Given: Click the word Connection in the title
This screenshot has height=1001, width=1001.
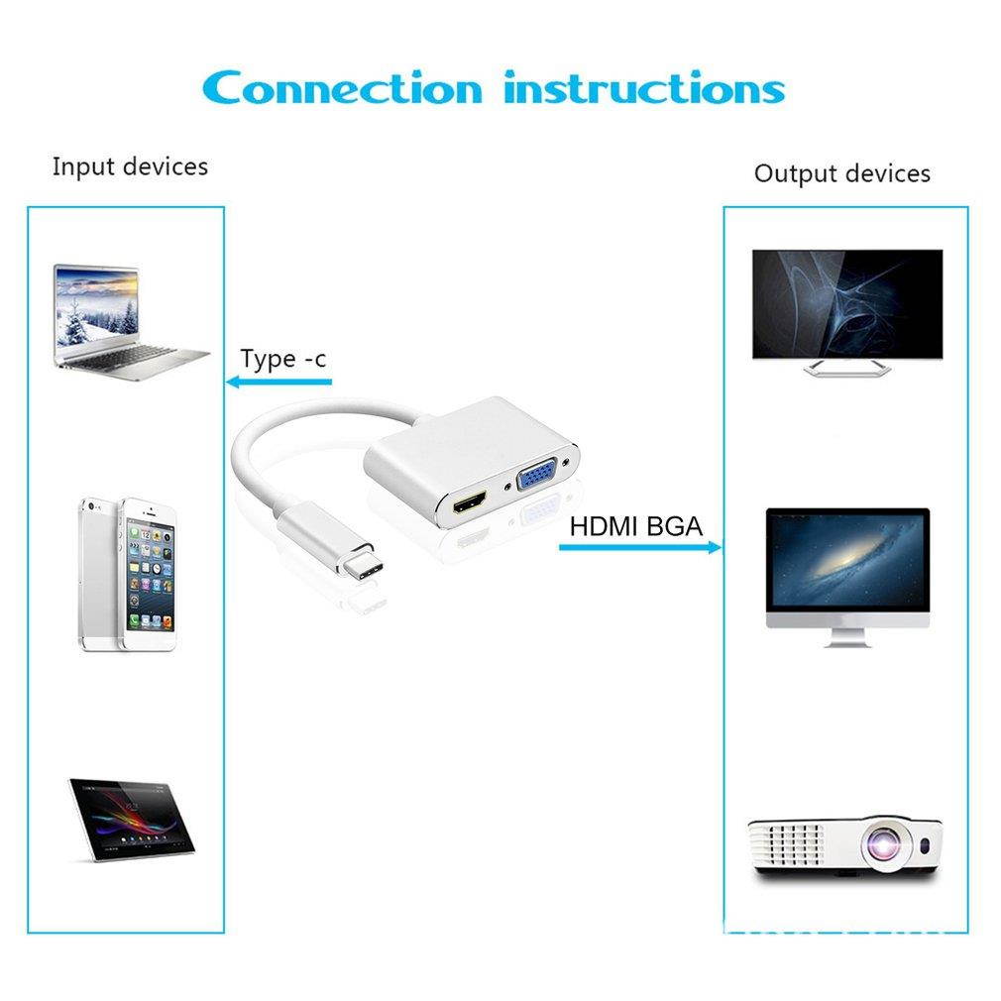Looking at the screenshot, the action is [x=342, y=88].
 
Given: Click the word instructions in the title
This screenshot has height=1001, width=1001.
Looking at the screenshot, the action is [x=644, y=88].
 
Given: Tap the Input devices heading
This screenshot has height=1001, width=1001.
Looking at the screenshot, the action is [x=130, y=167].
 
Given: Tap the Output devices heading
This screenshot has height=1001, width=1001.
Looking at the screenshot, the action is [x=842, y=173].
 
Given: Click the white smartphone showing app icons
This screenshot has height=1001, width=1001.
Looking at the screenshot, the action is [x=150, y=574].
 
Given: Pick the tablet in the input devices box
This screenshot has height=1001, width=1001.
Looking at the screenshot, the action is [x=132, y=820].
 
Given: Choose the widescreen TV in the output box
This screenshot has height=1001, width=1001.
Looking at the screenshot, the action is [x=847, y=312].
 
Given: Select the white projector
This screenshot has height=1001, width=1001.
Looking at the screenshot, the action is [x=845, y=847].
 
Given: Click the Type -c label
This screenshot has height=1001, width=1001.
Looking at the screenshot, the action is [x=282, y=359].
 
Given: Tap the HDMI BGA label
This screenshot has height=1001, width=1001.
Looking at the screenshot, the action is [x=636, y=526].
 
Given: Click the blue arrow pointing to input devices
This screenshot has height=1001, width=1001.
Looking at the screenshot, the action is [x=278, y=382].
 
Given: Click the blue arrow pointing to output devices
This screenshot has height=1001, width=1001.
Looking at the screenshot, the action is [x=640, y=547].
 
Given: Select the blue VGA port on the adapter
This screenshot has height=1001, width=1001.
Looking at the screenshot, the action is [x=538, y=476].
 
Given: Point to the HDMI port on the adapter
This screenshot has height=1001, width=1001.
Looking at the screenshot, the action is [x=470, y=502].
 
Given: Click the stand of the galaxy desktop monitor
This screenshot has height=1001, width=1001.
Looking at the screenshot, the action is [x=847, y=637].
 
